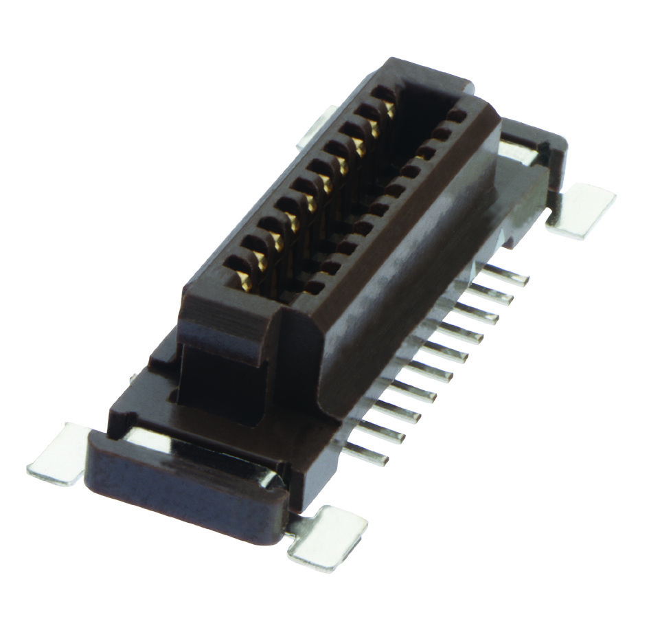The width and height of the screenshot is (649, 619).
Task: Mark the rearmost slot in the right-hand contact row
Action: click(x=457, y=113)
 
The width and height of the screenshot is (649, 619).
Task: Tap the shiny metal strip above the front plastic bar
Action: click(x=206, y=450)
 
